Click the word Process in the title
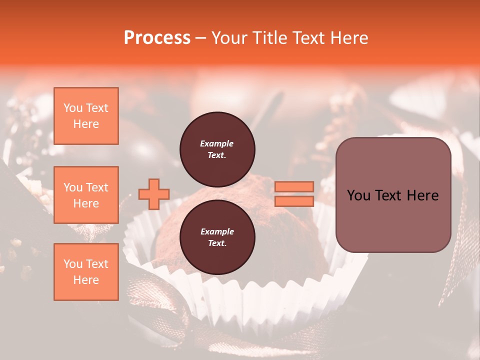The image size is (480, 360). click(x=157, y=37)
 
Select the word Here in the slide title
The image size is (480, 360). click(x=348, y=37)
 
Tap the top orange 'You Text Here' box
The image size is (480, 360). click(x=86, y=116)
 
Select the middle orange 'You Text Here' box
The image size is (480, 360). click(x=86, y=195)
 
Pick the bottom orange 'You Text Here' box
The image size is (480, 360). click(x=86, y=272)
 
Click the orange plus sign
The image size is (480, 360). click(x=154, y=194)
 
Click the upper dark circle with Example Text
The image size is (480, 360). click(x=217, y=149)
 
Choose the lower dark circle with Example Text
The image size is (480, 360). click(x=217, y=237)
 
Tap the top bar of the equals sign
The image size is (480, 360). click(x=294, y=186)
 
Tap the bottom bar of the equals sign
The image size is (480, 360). click(x=294, y=201)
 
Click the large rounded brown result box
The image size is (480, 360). click(x=393, y=194)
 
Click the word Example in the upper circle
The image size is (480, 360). click(x=217, y=143)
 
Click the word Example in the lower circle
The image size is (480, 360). click(x=217, y=231)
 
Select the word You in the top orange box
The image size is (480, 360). click(x=73, y=108)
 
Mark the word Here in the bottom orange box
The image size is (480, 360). click(x=86, y=280)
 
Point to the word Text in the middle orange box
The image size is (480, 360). click(x=97, y=187)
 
